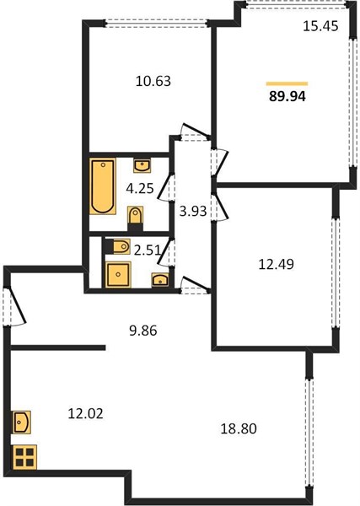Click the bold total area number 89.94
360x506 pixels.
coord(287,96)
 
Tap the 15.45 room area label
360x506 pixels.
coord(320,26)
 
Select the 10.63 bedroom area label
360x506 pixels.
coord(153,81)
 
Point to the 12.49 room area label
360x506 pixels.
coord(277,264)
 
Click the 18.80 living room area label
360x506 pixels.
coord(239,428)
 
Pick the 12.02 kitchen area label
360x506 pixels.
coord(85,413)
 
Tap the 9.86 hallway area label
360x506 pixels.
coord(142,331)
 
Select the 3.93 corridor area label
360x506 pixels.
coord(193,212)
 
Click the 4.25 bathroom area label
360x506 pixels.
coord(140,188)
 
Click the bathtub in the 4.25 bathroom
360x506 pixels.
coord(103,186)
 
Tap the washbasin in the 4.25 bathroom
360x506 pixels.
coord(142,166)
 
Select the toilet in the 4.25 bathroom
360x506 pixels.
coord(136,218)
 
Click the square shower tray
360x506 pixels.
coord(118,274)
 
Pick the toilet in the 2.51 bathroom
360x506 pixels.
coord(118,247)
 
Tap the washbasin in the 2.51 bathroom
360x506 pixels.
coord(160,280)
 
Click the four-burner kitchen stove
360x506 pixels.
coord(24,457)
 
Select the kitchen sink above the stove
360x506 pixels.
coord(22,422)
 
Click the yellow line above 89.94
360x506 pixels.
coord(287,83)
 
